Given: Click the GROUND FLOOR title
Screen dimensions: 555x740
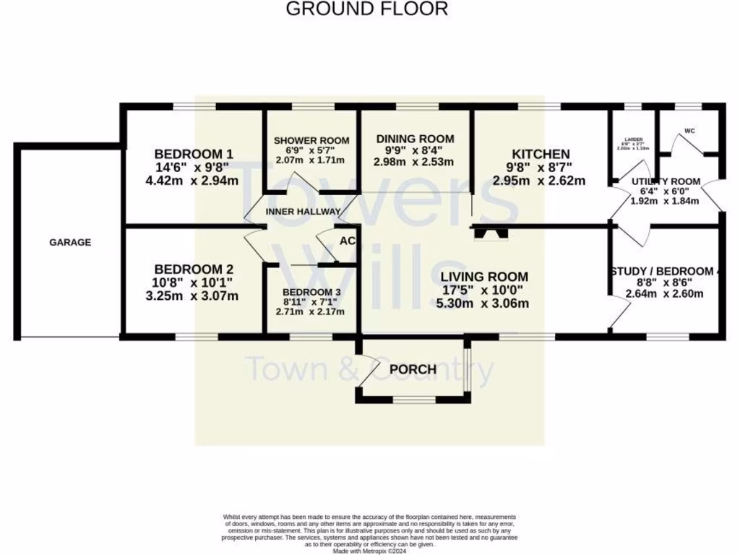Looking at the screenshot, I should (367, 9).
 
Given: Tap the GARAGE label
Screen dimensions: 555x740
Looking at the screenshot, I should (70, 243).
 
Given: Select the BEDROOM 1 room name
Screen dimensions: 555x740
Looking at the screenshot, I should (194, 154).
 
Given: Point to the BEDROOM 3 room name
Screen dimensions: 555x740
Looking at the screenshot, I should (310, 292).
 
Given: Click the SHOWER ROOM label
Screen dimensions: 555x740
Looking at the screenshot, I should (311, 140).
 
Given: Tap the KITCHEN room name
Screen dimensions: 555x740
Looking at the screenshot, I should (541, 154).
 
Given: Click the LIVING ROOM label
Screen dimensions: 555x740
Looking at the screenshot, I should (484, 277).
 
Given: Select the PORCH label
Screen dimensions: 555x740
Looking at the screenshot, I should (413, 370).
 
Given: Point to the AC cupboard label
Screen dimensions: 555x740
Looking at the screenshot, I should (347, 241).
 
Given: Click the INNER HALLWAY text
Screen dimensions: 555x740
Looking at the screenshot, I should (303, 212).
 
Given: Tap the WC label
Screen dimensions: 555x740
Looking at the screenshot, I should (689, 132).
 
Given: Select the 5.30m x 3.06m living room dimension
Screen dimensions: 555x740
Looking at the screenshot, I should (483, 304).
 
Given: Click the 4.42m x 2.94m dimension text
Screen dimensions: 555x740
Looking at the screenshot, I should (192, 181).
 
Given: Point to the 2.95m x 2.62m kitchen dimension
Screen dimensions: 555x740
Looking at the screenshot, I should (539, 181).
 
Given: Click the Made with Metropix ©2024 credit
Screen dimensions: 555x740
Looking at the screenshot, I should (369, 550).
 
